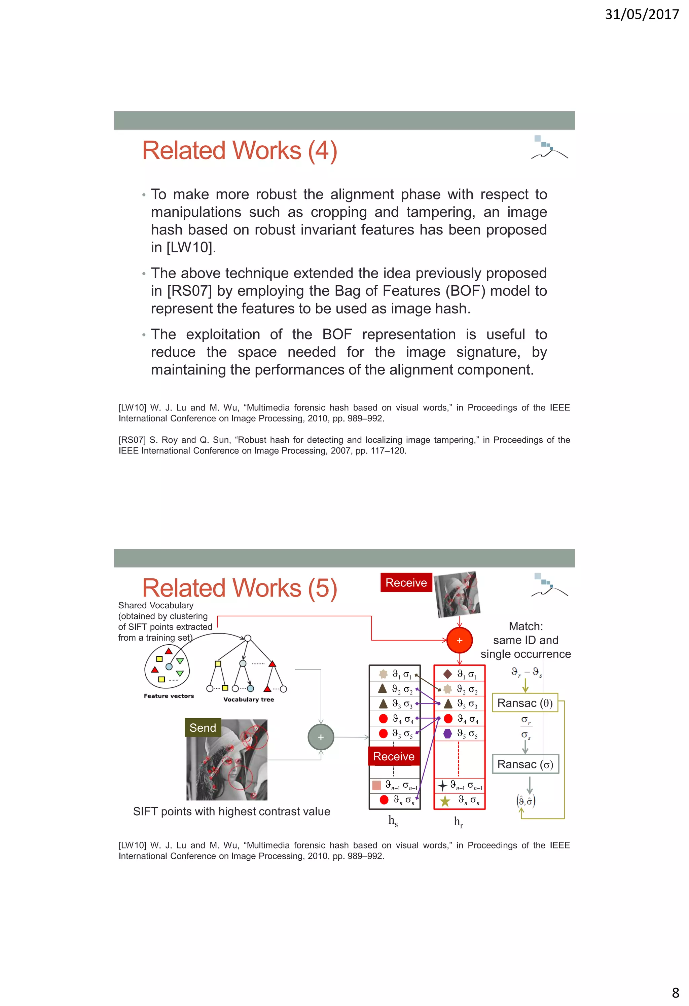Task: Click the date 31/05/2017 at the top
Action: [x=641, y=14]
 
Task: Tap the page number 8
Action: [x=675, y=992]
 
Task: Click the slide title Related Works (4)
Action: [x=239, y=151]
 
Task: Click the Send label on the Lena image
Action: [x=203, y=728]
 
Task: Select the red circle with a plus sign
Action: [x=459, y=640]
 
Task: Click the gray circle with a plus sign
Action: [x=321, y=737]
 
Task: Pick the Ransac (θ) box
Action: [x=525, y=703]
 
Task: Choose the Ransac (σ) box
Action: [x=525, y=764]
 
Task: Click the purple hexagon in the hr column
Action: [x=448, y=733]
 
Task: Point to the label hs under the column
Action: [x=393, y=820]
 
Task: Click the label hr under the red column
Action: [x=458, y=821]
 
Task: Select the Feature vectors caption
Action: [x=169, y=696]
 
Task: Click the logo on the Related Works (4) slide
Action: [x=549, y=147]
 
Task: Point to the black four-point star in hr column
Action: [x=442, y=785]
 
